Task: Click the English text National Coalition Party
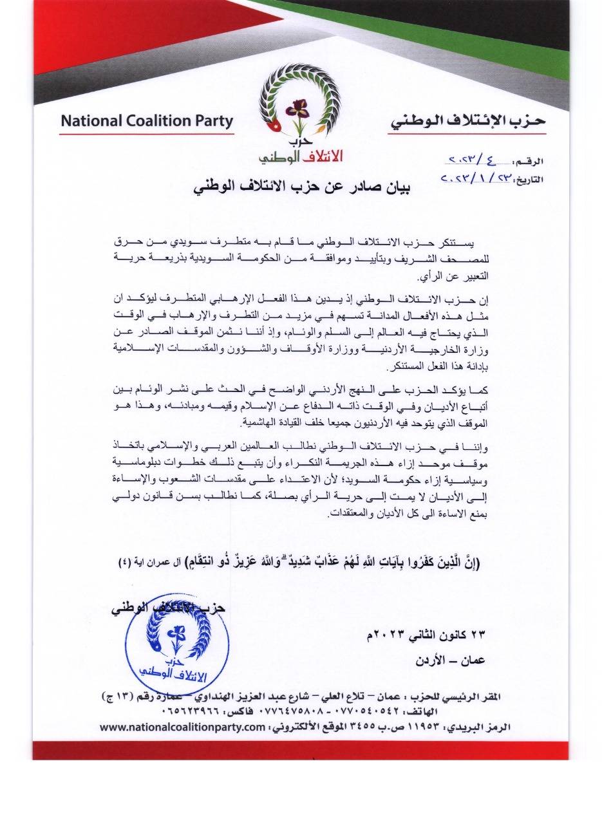coord(146,121)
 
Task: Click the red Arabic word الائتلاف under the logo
coord(320,156)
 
